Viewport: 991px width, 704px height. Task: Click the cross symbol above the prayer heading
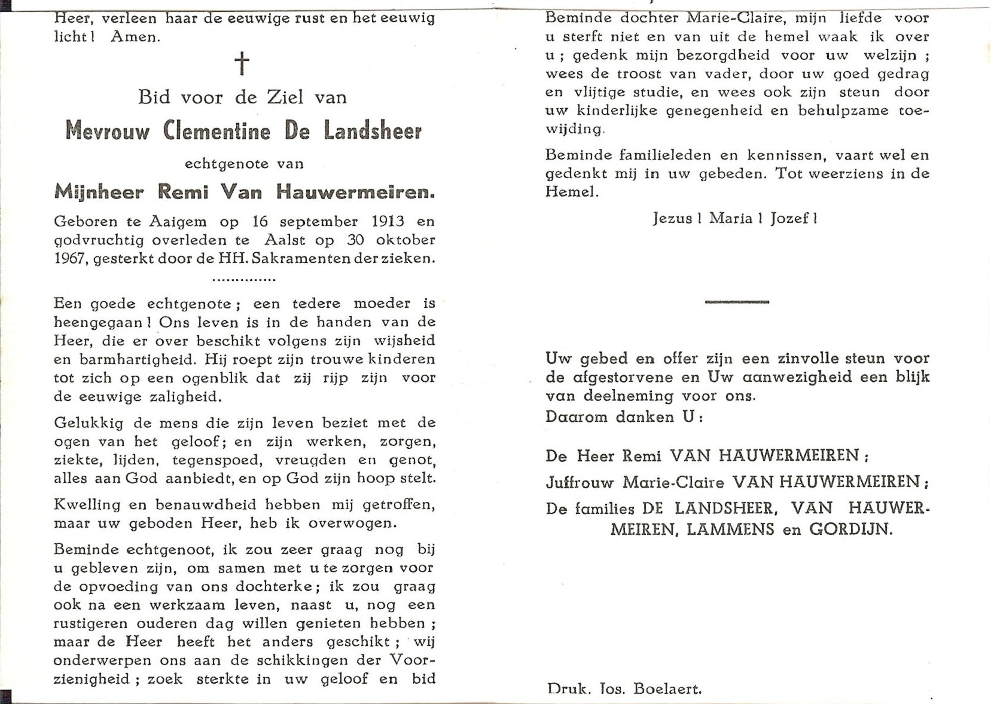click(x=242, y=63)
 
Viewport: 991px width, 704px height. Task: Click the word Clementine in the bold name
click(x=217, y=131)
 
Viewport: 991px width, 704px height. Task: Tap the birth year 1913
click(x=388, y=222)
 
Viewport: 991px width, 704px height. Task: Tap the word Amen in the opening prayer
click(x=135, y=37)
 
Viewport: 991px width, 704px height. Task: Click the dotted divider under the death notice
click(x=243, y=279)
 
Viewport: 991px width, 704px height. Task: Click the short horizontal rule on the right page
click(x=736, y=302)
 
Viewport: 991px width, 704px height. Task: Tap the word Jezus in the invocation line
click(x=672, y=219)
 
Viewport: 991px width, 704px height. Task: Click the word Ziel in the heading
click(x=285, y=97)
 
